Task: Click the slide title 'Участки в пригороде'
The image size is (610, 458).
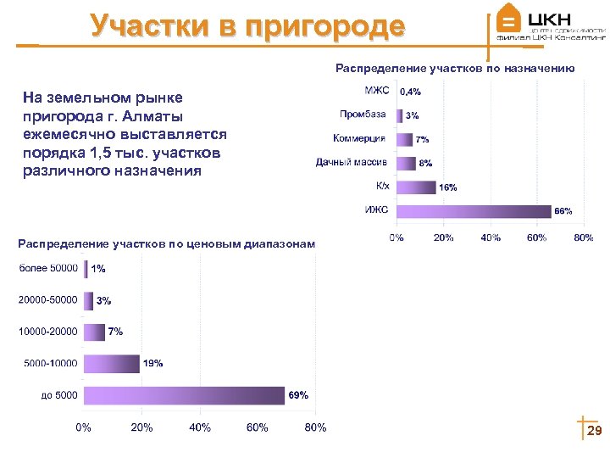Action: (x=247, y=26)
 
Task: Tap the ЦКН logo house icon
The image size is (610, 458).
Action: (x=508, y=19)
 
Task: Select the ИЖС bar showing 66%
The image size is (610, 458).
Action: (x=474, y=211)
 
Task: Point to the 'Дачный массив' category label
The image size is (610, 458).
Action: (x=351, y=162)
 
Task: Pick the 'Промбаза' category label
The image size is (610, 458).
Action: (x=363, y=114)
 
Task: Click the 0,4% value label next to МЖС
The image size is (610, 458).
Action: (x=411, y=91)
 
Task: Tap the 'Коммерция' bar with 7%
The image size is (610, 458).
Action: (x=404, y=139)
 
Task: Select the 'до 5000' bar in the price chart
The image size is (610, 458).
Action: (x=184, y=395)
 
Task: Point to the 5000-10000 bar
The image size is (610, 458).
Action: (x=111, y=363)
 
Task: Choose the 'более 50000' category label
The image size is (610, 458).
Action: (x=48, y=269)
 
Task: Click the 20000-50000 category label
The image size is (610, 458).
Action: (x=48, y=300)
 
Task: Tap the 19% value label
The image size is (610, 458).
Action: (x=153, y=364)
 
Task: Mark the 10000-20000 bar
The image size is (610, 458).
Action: (x=94, y=332)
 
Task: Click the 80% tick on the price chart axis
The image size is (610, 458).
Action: (x=315, y=427)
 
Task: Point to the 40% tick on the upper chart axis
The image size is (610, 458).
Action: (x=490, y=238)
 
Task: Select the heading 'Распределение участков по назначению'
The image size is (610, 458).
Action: (x=455, y=68)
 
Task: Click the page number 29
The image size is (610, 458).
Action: (x=594, y=433)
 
